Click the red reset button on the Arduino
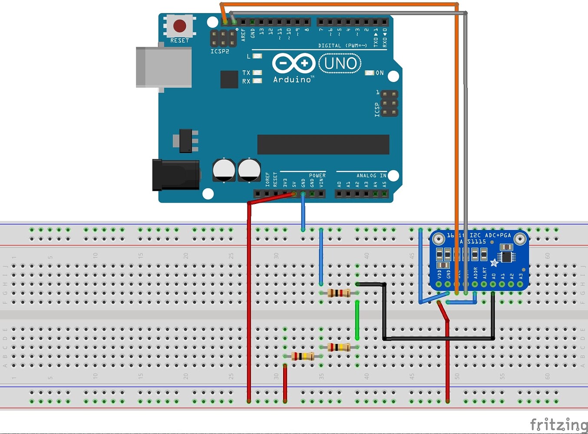coord(180,26)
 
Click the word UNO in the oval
coord(340,63)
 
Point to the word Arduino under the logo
coord(292,79)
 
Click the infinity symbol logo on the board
coord(294,63)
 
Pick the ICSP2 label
coord(220,51)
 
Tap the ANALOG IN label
coord(371,175)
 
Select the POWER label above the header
coord(317,175)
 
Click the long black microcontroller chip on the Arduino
coord(323,145)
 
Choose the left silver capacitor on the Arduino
coord(224,170)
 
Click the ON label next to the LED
coord(380,73)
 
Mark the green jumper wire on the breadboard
coord(357,320)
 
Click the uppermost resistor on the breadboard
coord(339,293)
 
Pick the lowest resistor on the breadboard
coord(303,356)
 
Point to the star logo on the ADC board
coord(494,263)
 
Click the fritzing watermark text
coord(558,424)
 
